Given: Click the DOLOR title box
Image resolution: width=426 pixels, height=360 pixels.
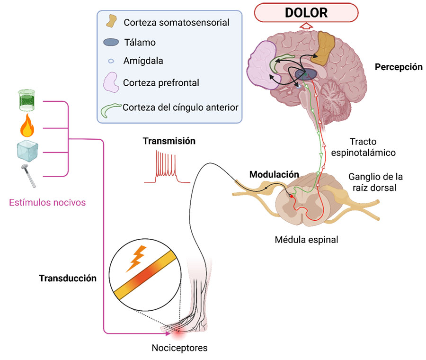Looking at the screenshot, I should [306, 12].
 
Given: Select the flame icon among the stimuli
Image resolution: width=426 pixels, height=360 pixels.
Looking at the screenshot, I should [27, 126].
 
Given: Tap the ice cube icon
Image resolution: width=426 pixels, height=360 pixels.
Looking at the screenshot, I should [27, 151].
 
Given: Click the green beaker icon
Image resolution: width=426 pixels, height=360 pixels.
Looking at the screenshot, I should [27, 101].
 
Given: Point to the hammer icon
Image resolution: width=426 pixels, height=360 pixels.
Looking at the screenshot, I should [27, 175].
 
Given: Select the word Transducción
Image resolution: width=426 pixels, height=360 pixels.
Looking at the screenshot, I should [68, 278].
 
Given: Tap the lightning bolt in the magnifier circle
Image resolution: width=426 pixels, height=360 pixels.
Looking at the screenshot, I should [136, 259].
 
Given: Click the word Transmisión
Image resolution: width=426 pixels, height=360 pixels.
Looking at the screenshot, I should [169, 141].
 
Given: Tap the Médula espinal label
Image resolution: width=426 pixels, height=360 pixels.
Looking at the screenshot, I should [307, 239].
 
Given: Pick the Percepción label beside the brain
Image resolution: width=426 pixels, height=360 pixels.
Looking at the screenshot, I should [399, 67].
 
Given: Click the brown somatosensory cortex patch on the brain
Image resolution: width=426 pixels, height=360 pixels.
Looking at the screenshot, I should [326, 48].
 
